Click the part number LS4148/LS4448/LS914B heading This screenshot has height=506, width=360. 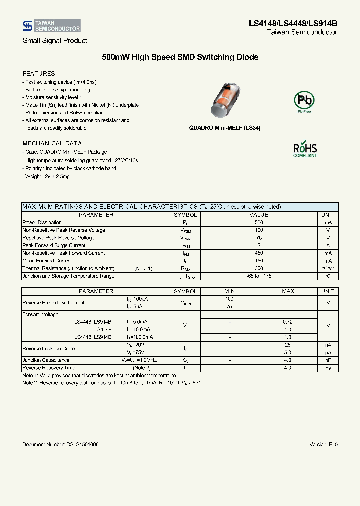[x=293, y=23]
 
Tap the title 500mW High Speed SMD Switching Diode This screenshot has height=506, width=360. [x=180, y=57]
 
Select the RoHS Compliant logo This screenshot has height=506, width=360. [x=305, y=149]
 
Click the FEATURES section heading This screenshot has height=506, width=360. [x=39, y=74]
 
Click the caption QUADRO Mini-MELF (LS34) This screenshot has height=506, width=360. [x=224, y=128]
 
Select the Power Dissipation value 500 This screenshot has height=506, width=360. [x=258, y=223]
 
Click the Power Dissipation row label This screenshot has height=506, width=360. [x=42, y=223]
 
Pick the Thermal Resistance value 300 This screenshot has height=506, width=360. [x=258, y=269]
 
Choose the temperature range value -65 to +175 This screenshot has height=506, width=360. [x=258, y=276]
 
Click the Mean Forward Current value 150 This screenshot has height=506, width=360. [x=258, y=261]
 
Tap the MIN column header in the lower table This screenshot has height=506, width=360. [x=229, y=291]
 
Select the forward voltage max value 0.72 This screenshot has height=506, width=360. [x=288, y=322]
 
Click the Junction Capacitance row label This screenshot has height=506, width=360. [x=46, y=360]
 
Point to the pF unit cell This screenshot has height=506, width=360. [x=328, y=360]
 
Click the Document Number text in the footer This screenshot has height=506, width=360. [x=61, y=444]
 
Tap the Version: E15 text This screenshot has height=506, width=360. [x=324, y=444]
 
